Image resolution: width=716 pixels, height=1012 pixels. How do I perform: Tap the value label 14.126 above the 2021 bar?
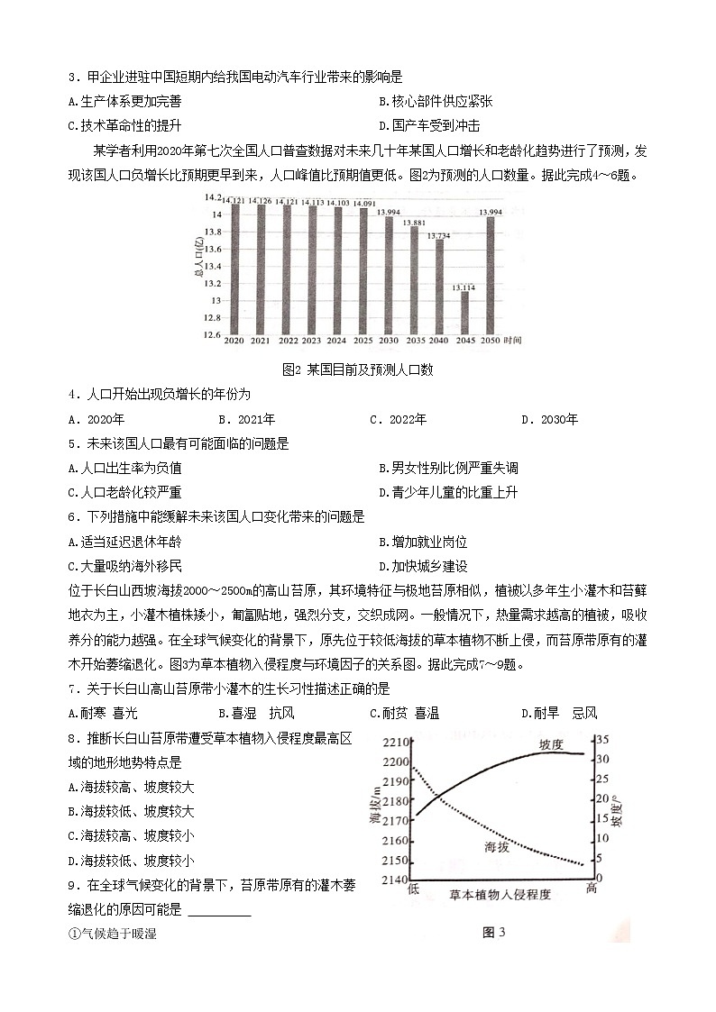(x=262, y=201)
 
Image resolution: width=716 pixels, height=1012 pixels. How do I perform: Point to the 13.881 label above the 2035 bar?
(x=414, y=223)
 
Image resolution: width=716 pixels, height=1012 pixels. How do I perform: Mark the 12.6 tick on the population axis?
(x=212, y=335)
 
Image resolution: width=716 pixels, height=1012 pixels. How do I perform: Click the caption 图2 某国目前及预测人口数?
(x=358, y=369)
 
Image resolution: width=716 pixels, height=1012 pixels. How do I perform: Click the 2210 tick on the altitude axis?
(x=393, y=743)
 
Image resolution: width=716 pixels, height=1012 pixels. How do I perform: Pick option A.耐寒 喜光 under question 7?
(x=103, y=714)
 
